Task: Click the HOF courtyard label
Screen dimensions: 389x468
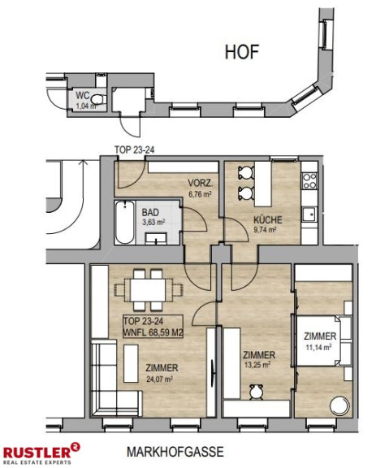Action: (242, 52)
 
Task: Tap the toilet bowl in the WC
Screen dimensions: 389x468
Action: (98, 99)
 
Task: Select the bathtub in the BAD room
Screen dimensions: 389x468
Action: (124, 223)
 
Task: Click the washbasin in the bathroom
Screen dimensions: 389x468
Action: (156, 239)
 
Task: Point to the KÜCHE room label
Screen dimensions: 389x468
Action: (267, 220)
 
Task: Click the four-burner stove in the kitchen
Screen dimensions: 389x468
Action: (309, 180)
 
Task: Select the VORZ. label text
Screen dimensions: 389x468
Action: (200, 183)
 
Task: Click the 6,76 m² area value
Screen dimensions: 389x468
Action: (200, 194)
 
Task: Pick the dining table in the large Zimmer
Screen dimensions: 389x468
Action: (148, 290)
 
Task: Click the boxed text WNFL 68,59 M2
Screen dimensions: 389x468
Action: (153, 332)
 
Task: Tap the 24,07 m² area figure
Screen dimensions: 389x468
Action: (160, 379)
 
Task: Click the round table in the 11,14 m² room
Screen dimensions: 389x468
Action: (339, 405)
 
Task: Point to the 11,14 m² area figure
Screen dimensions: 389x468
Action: (318, 347)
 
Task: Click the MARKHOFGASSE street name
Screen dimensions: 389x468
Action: (175, 452)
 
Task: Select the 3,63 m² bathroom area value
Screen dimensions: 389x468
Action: (153, 223)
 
